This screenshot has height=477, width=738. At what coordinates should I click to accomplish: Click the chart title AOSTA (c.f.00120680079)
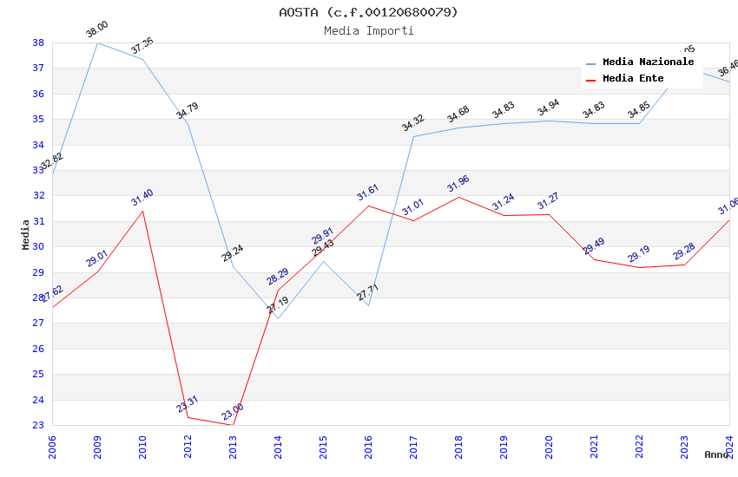(368, 12)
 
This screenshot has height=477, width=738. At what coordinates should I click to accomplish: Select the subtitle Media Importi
(368, 31)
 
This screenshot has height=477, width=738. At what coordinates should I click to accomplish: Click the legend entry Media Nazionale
(648, 62)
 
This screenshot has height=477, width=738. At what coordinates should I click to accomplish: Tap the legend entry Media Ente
(633, 79)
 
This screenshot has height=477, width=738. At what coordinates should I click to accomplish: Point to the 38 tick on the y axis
(38, 42)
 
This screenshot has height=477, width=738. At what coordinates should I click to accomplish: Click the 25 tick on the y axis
(38, 375)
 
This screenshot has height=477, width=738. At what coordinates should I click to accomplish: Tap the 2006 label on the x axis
(53, 447)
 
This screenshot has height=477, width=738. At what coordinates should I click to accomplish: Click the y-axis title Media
(26, 234)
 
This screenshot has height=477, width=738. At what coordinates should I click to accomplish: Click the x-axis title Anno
(716, 454)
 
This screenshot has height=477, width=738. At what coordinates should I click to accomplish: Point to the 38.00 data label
(97, 30)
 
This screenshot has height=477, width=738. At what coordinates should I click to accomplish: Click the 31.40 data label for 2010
(142, 199)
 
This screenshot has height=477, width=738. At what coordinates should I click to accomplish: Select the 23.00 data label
(233, 412)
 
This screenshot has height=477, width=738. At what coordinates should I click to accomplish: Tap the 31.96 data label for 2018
(458, 185)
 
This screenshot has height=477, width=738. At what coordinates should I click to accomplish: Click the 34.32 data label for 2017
(413, 124)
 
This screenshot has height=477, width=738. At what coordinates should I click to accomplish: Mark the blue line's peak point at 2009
(97, 42)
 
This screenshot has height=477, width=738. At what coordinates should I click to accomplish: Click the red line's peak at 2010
(142, 211)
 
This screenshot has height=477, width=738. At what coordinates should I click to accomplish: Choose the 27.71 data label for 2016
(368, 292)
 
